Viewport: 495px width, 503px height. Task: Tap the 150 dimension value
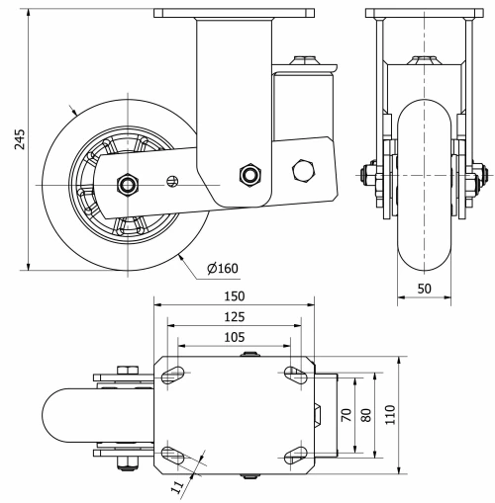pos(233,295)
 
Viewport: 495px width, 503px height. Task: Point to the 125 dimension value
pos(233,316)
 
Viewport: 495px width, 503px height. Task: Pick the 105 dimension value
pos(233,337)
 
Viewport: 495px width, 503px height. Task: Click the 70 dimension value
pos(345,415)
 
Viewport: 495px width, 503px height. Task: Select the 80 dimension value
pos(366,415)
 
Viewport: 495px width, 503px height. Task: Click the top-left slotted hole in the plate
pos(173,373)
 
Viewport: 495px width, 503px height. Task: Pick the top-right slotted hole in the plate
pos(294,373)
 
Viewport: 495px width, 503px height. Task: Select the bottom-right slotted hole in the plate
pos(294,456)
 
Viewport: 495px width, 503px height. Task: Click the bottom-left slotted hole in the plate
pos(173,456)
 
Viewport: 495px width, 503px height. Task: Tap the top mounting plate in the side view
pos(233,13)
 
